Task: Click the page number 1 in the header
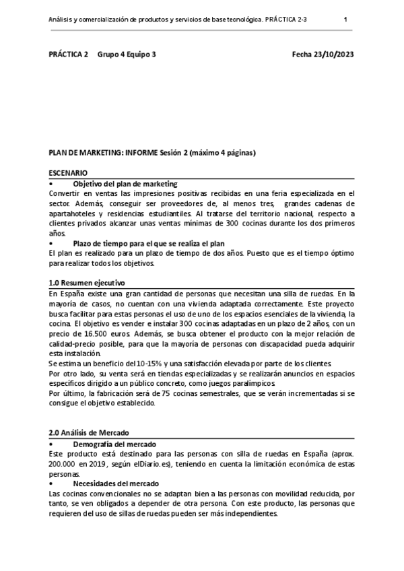pyautogui.click(x=345, y=20)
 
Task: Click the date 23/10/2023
pyautogui.click(x=330, y=55)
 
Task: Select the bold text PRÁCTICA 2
pyautogui.click(x=68, y=55)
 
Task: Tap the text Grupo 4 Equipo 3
pyautogui.click(x=127, y=55)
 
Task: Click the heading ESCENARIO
pyautogui.click(x=68, y=173)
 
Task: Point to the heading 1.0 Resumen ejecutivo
pyautogui.click(x=87, y=283)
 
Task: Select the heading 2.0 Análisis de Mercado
pyautogui.click(x=89, y=432)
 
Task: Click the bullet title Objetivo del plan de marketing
pyautogui.click(x=125, y=184)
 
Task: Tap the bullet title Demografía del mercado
pyautogui.click(x=114, y=444)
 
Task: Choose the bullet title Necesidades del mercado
pyautogui.click(x=116, y=483)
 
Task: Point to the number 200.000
pyautogui.click(x=66, y=465)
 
